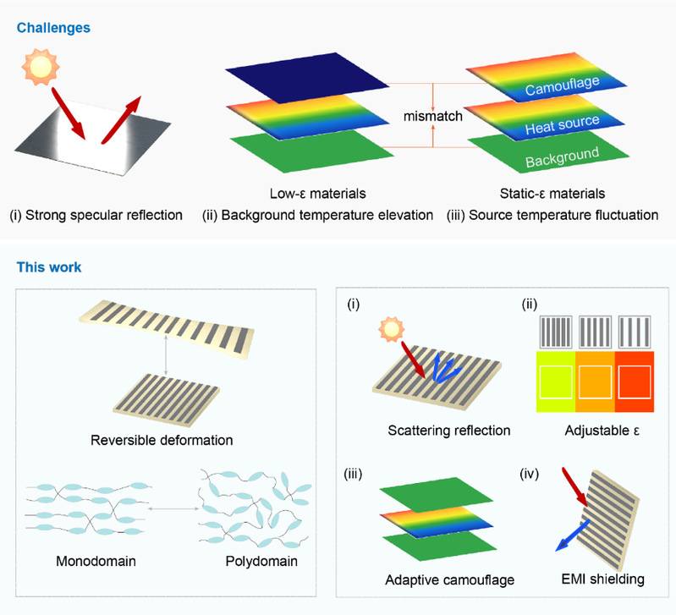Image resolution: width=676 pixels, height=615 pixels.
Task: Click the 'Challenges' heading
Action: (x=53, y=28)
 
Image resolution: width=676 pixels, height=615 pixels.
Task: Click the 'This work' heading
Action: (x=49, y=267)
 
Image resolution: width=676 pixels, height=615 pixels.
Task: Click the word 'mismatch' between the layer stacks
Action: (x=432, y=117)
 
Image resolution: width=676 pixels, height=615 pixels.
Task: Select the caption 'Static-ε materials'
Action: (x=552, y=194)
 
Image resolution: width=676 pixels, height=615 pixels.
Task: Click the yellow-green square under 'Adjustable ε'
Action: (x=556, y=382)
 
